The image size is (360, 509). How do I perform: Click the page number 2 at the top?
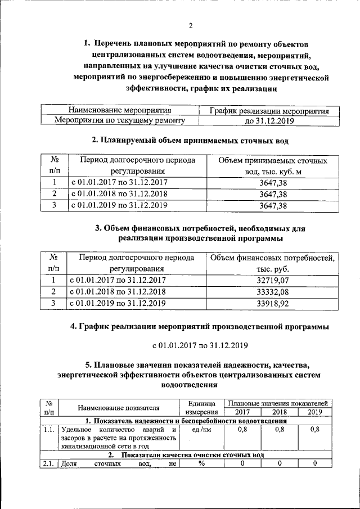[191, 25]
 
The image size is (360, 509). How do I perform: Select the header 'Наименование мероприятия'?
[119, 110]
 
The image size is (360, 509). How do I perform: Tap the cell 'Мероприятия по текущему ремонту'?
[119, 120]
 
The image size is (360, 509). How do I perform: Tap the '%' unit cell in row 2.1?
[201, 463]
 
